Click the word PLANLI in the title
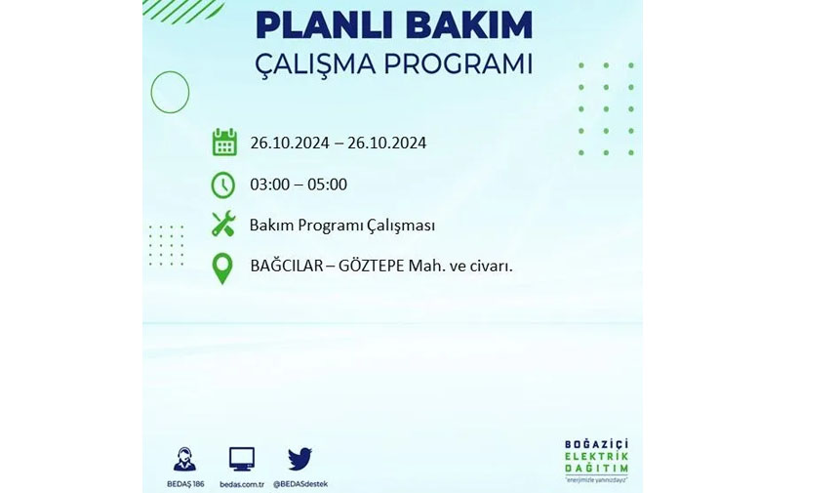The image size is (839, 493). (322, 24)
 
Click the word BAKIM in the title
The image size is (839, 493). (465, 24)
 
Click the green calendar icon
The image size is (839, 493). (224, 142)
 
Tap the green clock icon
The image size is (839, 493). (222, 185)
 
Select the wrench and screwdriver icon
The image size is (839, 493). (223, 224)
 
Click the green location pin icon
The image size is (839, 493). (222, 268)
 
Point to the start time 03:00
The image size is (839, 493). (269, 185)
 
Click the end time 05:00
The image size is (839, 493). (327, 185)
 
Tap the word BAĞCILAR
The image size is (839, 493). (286, 265)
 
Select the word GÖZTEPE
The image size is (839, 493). (372, 266)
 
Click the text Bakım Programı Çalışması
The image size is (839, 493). (341, 226)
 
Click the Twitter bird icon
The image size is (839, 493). (300, 459)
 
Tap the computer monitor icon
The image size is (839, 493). (242, 459)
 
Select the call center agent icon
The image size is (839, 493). (185, 459)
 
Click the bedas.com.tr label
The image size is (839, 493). (242, 484)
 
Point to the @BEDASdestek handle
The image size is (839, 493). (300, 484)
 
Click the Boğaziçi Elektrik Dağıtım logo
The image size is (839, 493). (597, 461)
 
